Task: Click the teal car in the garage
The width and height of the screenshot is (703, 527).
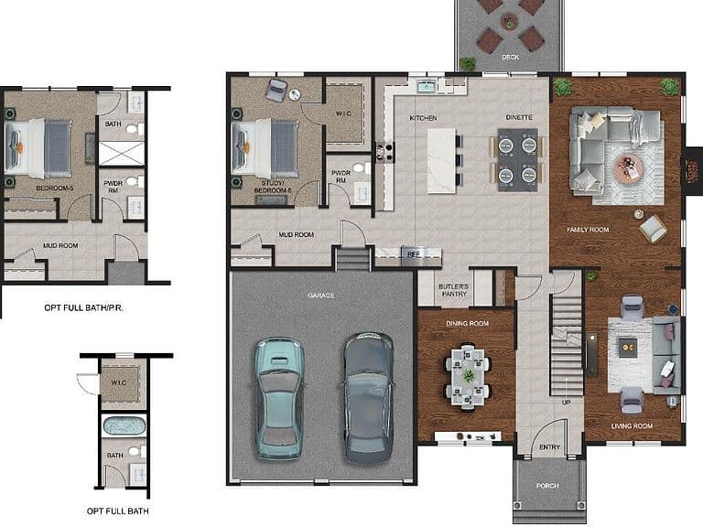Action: tap(279, 399)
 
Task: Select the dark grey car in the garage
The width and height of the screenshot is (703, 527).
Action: tap(369, 398)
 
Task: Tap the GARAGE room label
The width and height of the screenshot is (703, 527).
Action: tap(321, 296)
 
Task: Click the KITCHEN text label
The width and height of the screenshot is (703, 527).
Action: tap(423, 118)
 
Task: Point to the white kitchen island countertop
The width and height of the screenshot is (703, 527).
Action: tap(441, 160)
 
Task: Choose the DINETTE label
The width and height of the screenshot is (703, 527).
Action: tap(519, 117)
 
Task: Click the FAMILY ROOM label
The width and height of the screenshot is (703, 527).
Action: tap(588, 230)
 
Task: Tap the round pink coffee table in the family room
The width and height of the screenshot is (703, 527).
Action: tap(628, 168)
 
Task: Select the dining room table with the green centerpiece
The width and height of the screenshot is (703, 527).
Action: tap(468, 376)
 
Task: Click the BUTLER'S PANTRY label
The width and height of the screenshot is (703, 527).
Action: tap(454, 290)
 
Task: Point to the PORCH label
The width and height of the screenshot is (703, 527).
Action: tap(547, 486)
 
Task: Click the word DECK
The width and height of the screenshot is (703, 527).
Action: tap(510, 58)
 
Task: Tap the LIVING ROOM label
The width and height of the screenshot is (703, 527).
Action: tap(632, 425)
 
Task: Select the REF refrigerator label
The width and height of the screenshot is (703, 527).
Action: tap(413, 254)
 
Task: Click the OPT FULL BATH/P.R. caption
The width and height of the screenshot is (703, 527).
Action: tap(84, 307)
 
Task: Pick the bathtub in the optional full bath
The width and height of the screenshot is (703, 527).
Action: tap(124, 425)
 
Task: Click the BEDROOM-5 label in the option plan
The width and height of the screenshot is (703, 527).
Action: tap(55, 188)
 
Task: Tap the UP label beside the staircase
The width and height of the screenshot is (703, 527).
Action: tap(567, 403)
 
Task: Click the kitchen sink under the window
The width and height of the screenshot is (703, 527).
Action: tap(427, 86)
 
